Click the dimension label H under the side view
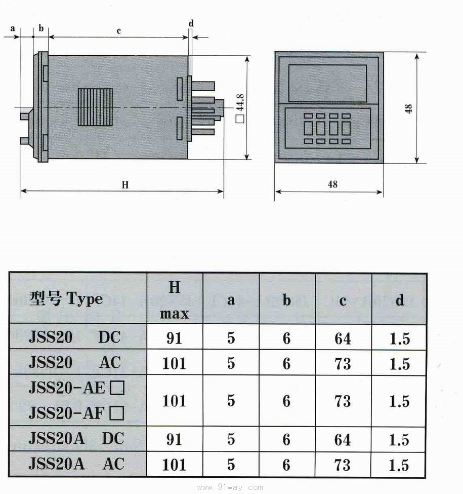[x=125, y=185]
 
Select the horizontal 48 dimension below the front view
[x=332, y=184]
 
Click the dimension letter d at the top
[x=191, y=23]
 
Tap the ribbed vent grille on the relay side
[x=95, y=107]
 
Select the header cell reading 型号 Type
[x=66, y=298]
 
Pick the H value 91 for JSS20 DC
[x=174, y=338]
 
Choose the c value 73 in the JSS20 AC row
[x=343, y=363]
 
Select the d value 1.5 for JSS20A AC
[x=399, y=465]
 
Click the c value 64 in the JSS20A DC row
[x=343, y=439]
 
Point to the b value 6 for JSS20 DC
[x=286, y=338]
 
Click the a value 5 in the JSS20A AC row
[x=231, y=465]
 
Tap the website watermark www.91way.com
[x=230, y=487]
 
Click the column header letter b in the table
[x=286, y=300]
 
